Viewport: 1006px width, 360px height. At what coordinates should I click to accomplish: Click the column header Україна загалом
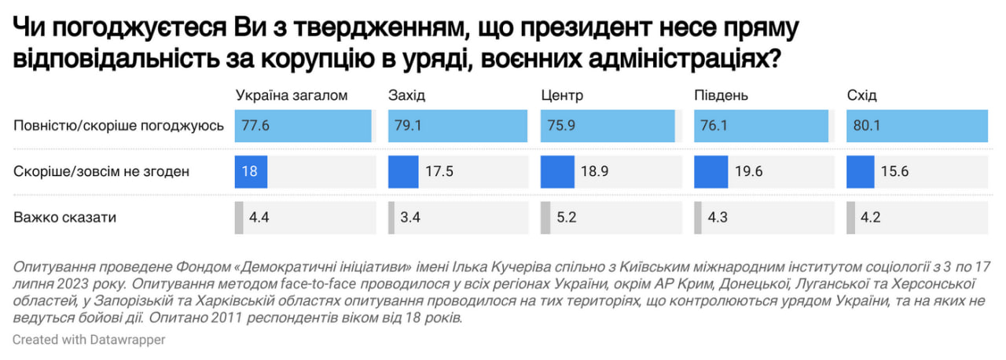292,95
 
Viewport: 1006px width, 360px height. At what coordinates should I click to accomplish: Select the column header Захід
406,95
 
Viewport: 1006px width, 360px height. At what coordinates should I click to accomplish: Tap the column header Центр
562,95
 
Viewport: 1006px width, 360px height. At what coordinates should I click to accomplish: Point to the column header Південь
721,95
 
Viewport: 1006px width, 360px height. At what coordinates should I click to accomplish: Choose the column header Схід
861,95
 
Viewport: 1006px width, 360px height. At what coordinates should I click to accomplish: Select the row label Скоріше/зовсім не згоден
101,171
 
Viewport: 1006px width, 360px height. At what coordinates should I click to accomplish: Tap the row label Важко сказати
65,218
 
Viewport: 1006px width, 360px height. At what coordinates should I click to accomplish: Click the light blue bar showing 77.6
303,126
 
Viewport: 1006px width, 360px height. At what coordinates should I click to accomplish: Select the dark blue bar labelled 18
251,171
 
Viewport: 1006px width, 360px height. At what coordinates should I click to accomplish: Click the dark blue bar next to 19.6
710,171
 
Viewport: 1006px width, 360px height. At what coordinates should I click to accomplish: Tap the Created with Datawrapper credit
89,340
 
